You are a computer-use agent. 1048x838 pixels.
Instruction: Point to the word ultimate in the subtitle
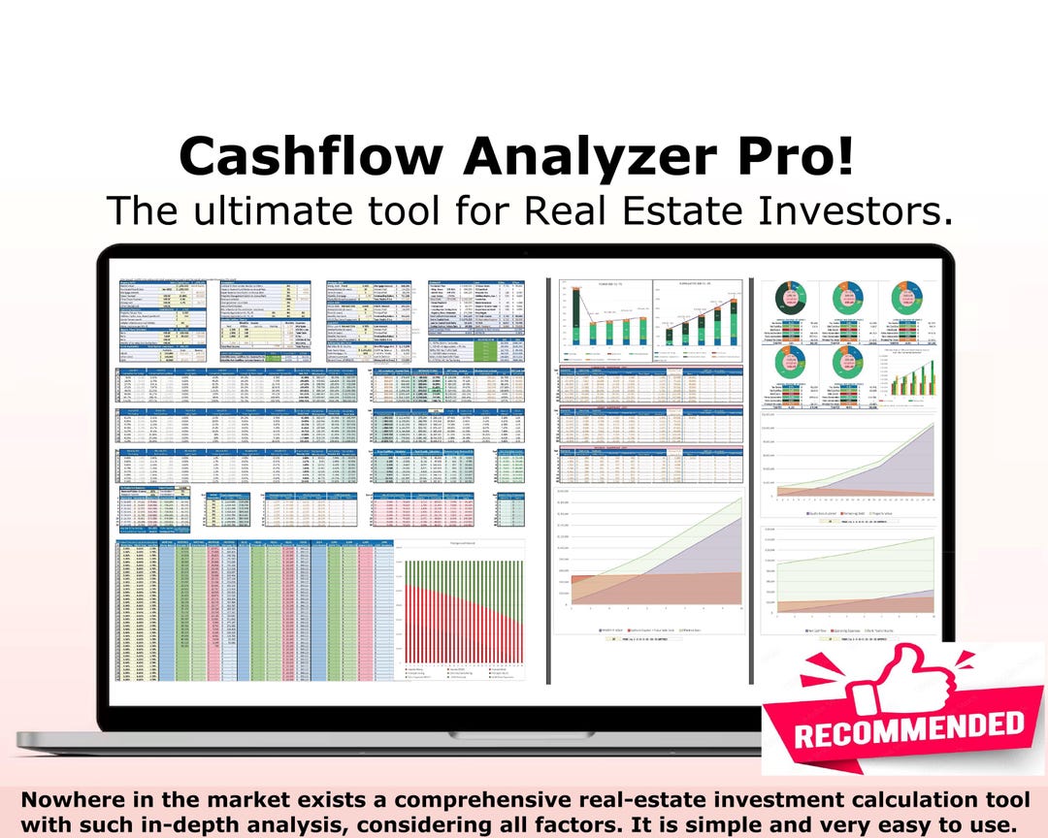[276, 209]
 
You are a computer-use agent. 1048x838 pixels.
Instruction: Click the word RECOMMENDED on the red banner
[908, 726]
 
